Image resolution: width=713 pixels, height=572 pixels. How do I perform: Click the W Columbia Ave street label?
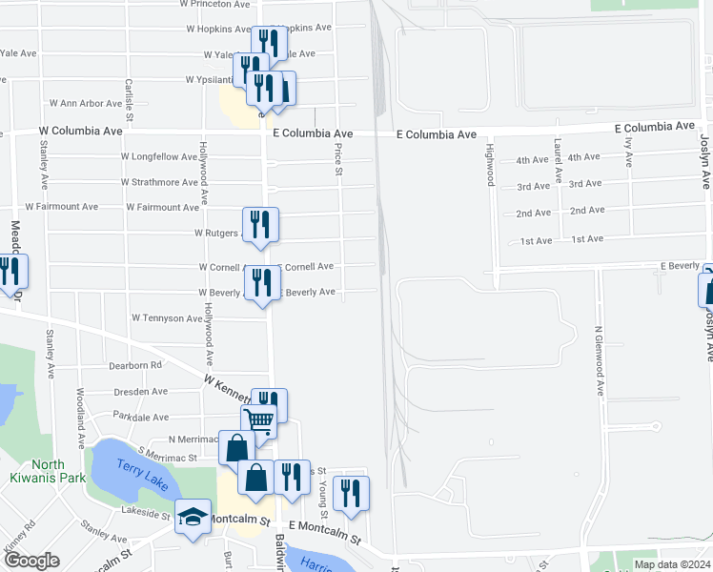pyautogui.click(x=81, y=131)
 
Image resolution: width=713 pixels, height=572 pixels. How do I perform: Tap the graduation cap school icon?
pyautogui.click(x=194, y=519)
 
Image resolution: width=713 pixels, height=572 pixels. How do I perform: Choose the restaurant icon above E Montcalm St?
pyautogui.click(x=351, y=493)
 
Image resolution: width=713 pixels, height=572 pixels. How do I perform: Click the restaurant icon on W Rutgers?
pyautogui.click(x=260, y=225)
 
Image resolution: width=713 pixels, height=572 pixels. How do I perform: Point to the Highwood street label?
pyautogui.click(x=490, y=160)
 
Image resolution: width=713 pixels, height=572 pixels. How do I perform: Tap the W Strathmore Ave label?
pyautogui.click(x=159, y=182)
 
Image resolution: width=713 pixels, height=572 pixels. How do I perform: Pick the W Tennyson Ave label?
pyautogui.click(x=167, y=317)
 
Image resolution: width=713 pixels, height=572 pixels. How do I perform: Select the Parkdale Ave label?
pyautogui.click(x=140, y=417)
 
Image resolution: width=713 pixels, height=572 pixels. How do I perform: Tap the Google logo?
pyautogui.click(x=32, y=561)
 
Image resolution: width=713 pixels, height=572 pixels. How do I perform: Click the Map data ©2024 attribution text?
pyautogui.click(x=671, y=564)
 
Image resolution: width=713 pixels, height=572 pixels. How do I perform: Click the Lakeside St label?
pyautogui.click(x=139, y=511)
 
